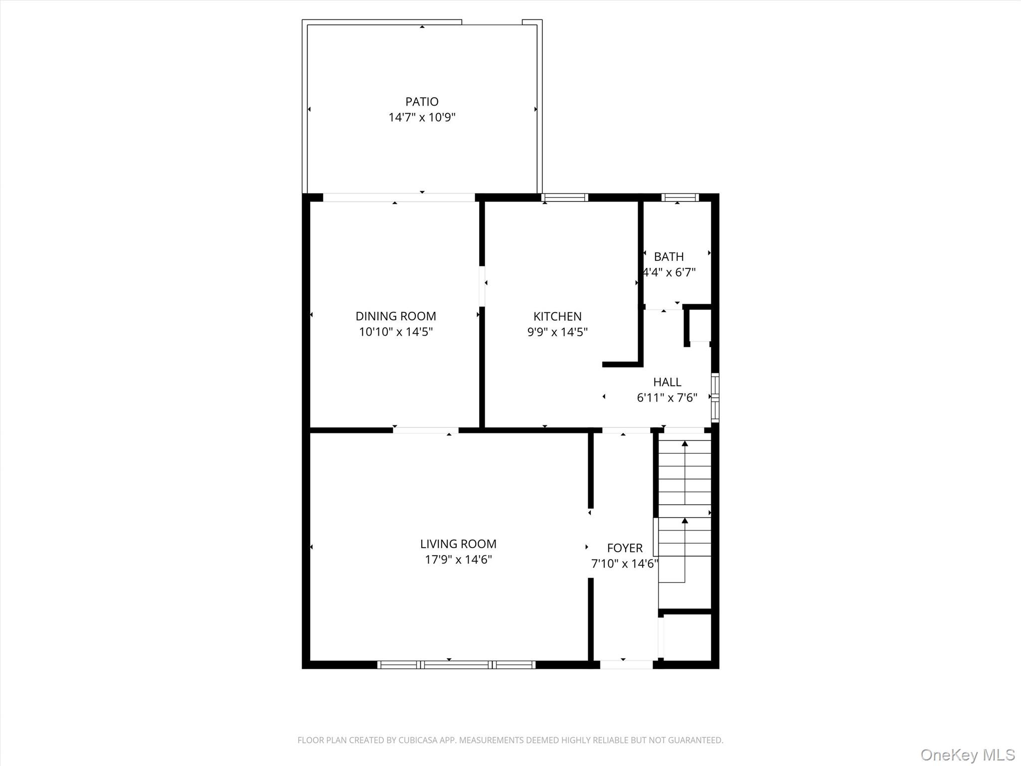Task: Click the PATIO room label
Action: click(x=422, y=102)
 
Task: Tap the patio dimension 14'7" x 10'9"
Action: click(x=422, y=118)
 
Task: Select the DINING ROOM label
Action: click(x=395, y=316)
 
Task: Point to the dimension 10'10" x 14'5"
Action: click(x=395, y=332)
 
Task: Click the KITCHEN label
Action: click(x=557, y=316)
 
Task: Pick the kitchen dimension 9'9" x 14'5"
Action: click(x=557, y=332)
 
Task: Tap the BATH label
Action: click(x=669, y=257)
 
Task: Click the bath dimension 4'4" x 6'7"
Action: click(x=669, y=273)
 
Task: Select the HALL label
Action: click(x=667, y=382)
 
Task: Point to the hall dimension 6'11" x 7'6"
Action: click(x=667, y=398)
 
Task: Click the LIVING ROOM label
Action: click(x=458, y=544)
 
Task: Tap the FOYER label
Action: click(x=625, y=548)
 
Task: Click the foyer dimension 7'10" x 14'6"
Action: click(x=625, y=564)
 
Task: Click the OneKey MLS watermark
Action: click(x=967, y=755)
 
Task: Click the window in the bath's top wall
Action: click(x=680, y=197)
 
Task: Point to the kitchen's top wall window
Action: click(x=564, y=197)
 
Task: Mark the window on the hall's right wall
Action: click(x=715, y=397)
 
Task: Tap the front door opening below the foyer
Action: click(x=626, y=665)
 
